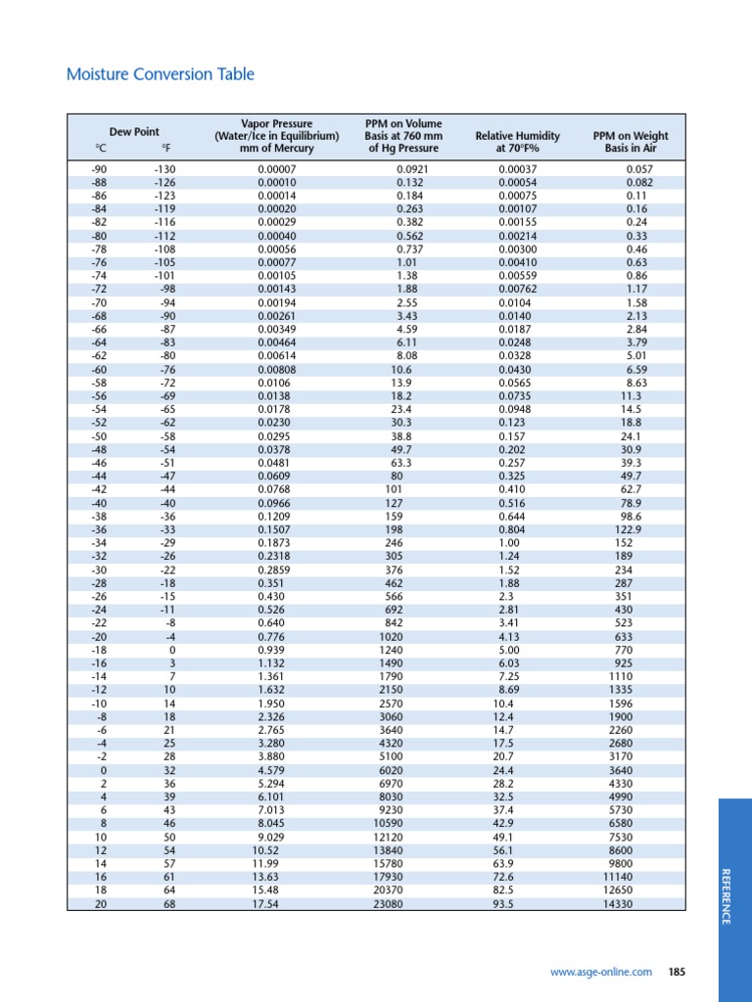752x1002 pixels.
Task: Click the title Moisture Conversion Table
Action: pos(160,74)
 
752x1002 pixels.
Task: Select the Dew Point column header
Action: pos(134,132)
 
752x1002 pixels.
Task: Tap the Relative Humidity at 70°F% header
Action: pos(517,142)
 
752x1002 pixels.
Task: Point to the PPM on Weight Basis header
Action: pos(631,142)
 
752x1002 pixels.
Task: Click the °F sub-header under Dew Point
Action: pos(165,149)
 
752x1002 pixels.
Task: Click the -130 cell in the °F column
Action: pos(163,169)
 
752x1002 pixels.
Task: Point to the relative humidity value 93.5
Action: pos(506,904)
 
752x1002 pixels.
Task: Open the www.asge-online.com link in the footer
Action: pos(600,972)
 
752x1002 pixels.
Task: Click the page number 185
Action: pos(677,972)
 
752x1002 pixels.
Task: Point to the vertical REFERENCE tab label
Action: pos(726,895)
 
